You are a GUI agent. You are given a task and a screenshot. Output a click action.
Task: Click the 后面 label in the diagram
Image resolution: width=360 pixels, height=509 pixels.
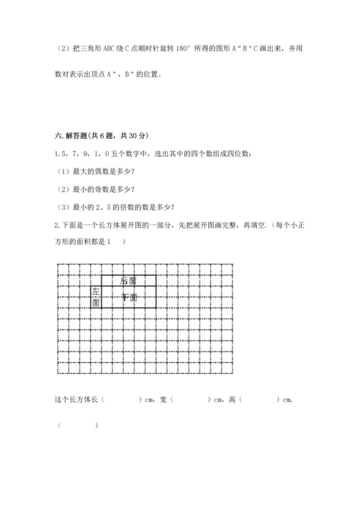[x=128, y=280]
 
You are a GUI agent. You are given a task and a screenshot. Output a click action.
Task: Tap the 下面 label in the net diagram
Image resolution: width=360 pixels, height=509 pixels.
[x=128, y=297]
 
